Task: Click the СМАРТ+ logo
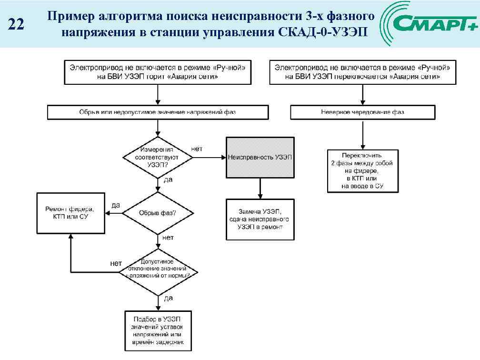tap(430, 23)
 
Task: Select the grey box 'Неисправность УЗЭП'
tap(260, 157)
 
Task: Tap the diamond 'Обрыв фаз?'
tap(157, 213)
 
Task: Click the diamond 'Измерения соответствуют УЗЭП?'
tap(157, 157)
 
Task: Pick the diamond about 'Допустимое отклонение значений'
tap(158, 272)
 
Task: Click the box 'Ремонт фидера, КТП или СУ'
tap(70, 213)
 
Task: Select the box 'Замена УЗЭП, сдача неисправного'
tap(260, 219)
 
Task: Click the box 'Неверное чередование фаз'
tap(362, 112)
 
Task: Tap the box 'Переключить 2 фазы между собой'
tap(362, 171)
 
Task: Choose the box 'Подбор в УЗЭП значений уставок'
tap(158, 330)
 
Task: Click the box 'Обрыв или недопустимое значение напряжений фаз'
tap(157, 112)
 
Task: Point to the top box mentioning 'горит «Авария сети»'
tap(157, 72)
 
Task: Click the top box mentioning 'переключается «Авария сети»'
tap(362, 72)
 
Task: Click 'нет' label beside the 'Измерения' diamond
tap(197, 149)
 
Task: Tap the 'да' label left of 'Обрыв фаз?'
tap(115, 205)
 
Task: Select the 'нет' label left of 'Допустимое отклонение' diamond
tap(116, 263)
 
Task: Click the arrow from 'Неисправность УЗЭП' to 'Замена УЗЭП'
tap(260, 188)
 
